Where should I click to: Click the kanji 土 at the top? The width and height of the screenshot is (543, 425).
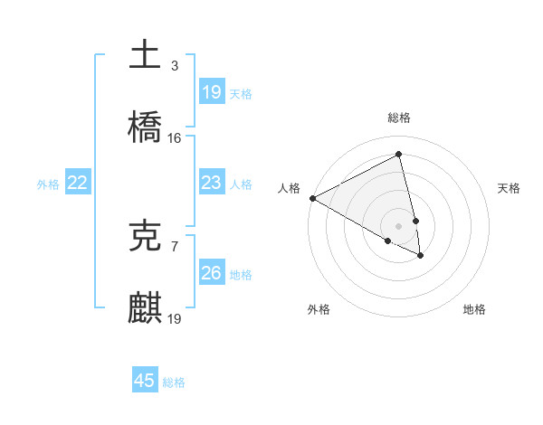[x=145, y=53]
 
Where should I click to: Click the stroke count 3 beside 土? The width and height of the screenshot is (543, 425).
[x=175, y=65]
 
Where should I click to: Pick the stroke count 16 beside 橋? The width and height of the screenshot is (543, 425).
[x=175, y=138]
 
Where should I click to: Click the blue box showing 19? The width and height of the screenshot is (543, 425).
[x=211, y=91]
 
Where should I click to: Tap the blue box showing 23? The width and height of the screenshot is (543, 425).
[x=211, y=183]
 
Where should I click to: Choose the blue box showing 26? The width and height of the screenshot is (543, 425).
[x=211, y=273]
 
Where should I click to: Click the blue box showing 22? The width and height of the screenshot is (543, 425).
[x=78, y=183]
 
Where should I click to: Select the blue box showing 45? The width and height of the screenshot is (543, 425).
[x=145, y=381]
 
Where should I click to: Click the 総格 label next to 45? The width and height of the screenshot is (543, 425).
[x=174, y=382]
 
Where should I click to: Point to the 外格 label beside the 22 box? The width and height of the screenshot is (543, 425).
[x=48, y=184]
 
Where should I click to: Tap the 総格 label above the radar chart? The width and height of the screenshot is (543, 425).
[x=399, y=118]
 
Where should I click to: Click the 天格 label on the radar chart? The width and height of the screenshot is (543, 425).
[x=510, y=188]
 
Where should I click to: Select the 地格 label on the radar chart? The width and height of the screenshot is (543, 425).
[x=474, y=309]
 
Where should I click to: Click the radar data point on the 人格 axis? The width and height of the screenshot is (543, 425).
[x=312, y=198]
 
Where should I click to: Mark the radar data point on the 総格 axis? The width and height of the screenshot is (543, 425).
[x=399, y=155]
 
